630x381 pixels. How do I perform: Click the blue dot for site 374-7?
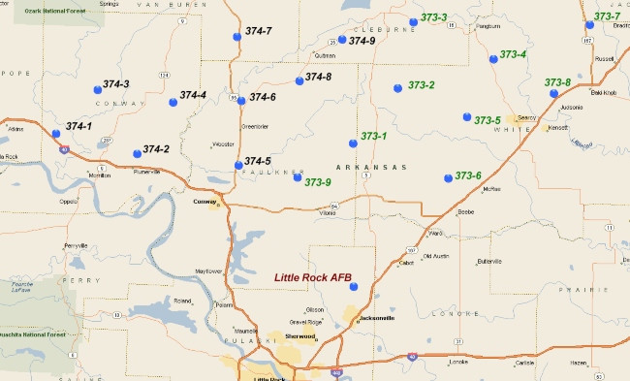[x=237, y=37]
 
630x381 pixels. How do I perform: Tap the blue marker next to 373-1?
[x=354, y=143]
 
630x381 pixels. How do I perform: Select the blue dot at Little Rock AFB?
[x=354, y=286]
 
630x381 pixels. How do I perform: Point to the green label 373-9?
[x=318, y=181]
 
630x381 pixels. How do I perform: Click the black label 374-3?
[x=115, y=84]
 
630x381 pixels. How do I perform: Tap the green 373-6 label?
[x=468, y=175]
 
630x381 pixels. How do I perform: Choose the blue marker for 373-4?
[x=493, y=59]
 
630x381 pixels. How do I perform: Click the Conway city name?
[x=205, y=202]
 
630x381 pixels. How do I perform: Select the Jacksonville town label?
[x=377, y=317]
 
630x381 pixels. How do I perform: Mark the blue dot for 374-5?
[x=238, y=165]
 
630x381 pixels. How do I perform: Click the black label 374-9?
[x=362, y=41]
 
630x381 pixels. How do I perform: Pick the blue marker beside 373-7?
[x=589, y=25]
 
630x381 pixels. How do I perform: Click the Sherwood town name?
[x=300, y=336]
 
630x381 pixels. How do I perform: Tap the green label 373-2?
[x=421, y=85]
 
